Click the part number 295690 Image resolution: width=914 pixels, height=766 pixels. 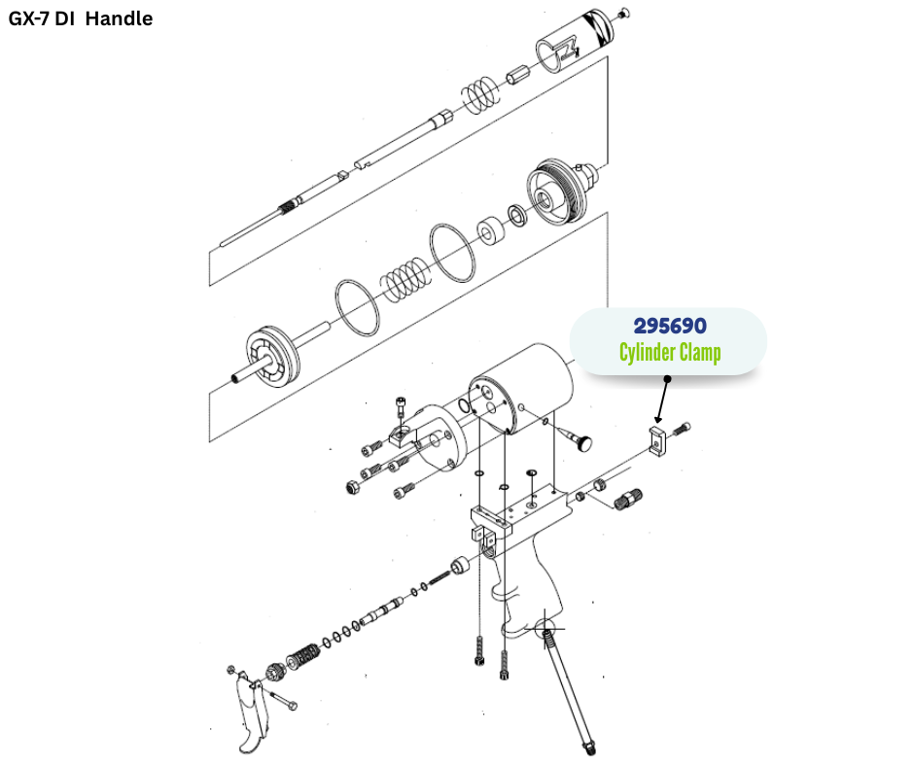(x=669, y=327)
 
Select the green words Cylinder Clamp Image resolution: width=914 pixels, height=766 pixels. (x=670, y=352)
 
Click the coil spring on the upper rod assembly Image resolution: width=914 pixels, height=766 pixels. (x=479, y=93)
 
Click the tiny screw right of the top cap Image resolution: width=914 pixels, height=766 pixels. (x=624, y=13)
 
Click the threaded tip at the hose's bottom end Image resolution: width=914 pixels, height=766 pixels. (x=589, y=746)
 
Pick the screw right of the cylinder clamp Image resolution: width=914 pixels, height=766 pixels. (x=685, y=427)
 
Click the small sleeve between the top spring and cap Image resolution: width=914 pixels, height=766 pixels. (x=517, y=74)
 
